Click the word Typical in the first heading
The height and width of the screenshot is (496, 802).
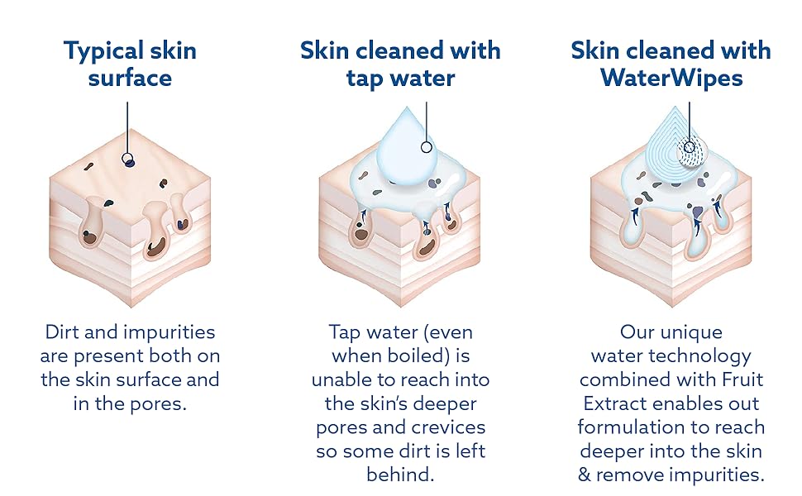point(96,52)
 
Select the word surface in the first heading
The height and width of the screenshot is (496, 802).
point(130,79)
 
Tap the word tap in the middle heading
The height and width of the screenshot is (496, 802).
point(365,79)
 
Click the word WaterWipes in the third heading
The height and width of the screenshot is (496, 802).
point(671,79)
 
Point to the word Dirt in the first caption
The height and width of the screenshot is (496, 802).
point(61,331)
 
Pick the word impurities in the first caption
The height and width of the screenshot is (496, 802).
point(171,333)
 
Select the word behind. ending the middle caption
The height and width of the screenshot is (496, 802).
point(400,475)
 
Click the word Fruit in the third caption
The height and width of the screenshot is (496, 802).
point(742,379)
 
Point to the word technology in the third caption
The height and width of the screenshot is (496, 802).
point(700,357)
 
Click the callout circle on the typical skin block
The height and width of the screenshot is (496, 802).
point(127,159)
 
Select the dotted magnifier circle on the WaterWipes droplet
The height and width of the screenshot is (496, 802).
point(691,150)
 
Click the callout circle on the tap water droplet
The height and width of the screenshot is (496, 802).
point(426,147)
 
